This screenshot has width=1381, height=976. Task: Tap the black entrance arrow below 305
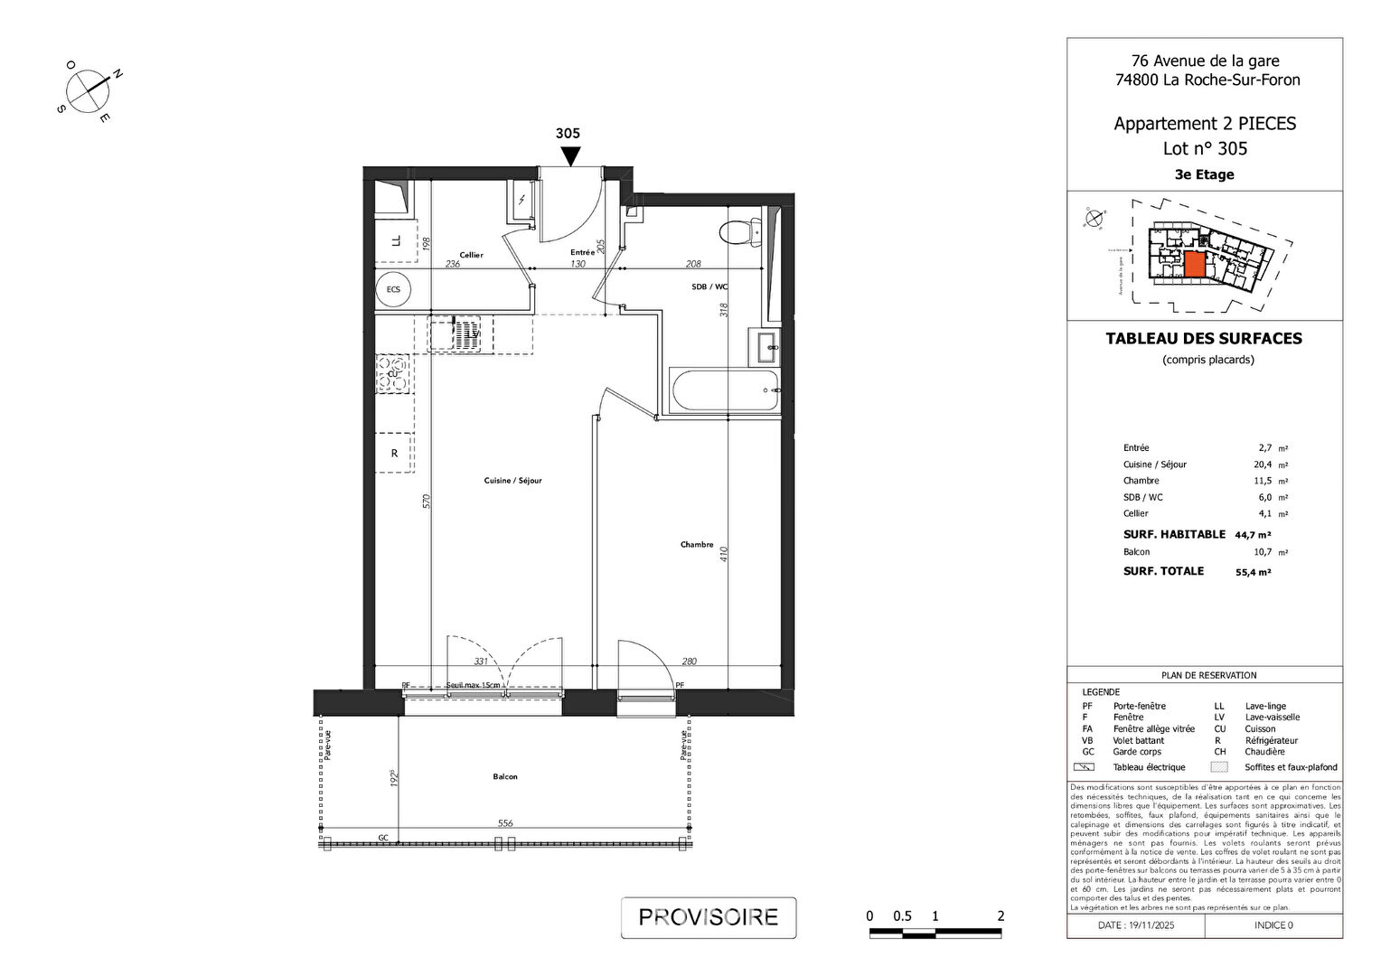point(569,156)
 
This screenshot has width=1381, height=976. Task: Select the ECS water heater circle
point(393,289)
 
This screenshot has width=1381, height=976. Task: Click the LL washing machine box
point(395,241)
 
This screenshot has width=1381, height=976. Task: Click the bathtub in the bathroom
point(724,390)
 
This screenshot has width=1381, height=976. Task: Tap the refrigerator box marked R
point(394,454)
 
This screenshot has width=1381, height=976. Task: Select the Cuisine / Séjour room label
point(512,481)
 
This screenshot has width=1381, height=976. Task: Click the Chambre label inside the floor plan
point(697,545)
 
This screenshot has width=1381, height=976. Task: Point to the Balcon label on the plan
point(505,777)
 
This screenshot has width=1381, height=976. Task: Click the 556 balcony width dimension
point(505,823)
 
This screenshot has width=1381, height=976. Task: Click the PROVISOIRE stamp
point(709,917)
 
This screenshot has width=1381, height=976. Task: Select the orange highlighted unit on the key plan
point(1194,264)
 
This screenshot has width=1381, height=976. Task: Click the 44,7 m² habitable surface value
point(1253,535)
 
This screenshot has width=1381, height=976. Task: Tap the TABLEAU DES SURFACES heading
point(1204,339)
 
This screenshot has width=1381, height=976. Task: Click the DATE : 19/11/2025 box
point(1136,925)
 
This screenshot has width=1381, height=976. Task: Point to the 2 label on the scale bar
point(1001,916)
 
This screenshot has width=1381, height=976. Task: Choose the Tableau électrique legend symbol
point(1084,767)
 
